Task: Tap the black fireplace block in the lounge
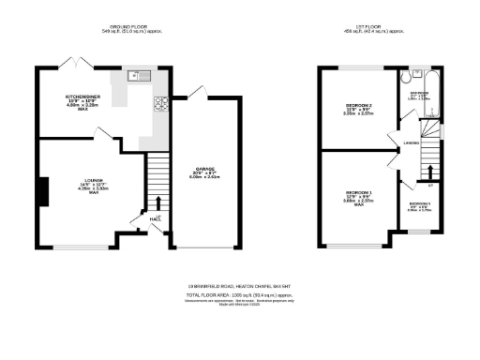tap(42, 192)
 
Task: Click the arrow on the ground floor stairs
tap(157, 203)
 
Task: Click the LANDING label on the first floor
tap(411, 142)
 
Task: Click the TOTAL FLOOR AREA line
tap(240, 294)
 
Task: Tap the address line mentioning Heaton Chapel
tap(240, 286)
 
